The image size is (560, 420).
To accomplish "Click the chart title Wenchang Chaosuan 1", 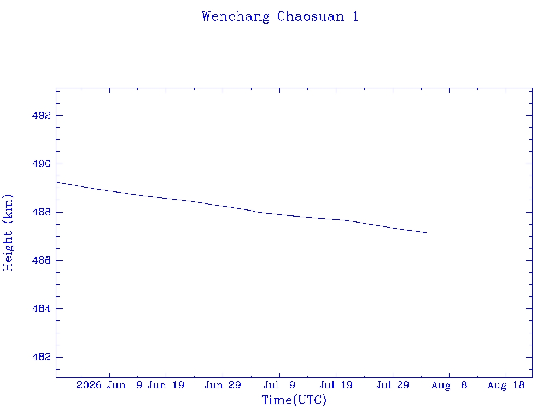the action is (280, 17).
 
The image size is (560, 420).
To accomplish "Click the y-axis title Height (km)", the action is (8, 233).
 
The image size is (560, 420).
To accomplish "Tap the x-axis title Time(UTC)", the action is (294, 400).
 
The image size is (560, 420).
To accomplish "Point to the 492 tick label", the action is (42, 116).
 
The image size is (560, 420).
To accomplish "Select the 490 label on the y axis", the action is (42, 164).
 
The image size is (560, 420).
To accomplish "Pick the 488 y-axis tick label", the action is (42, 212).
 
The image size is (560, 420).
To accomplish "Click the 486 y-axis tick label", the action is (42, 260).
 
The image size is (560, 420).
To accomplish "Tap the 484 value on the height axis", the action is (42, 308).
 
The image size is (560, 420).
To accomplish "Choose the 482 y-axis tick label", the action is (42, 357).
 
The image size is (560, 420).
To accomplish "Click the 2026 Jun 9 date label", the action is (109, 386).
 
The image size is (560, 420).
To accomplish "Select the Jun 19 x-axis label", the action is (166, 386).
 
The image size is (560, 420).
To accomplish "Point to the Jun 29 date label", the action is (223, 386).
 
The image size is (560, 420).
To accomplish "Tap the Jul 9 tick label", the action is (279, 386).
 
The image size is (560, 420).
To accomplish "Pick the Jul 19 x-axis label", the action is (336, 386).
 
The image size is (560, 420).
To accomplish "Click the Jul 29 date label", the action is (393, 386).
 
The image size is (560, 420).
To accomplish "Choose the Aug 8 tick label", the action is (450, 386).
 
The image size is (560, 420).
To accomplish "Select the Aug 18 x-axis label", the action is (506, 386).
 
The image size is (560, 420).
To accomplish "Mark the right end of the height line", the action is (427, 233).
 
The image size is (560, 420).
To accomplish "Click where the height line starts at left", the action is (56, 182).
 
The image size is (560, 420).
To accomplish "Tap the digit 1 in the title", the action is (355, 16).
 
